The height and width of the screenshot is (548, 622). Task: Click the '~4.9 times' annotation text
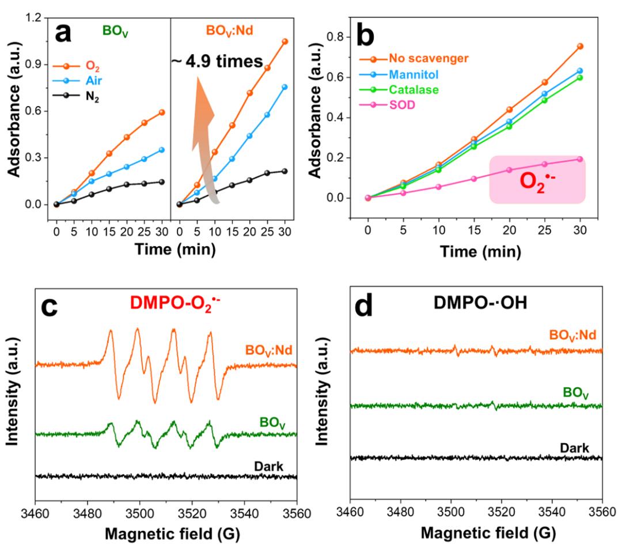(216, 59)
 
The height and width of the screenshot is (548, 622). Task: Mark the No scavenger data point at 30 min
(580, 46)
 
